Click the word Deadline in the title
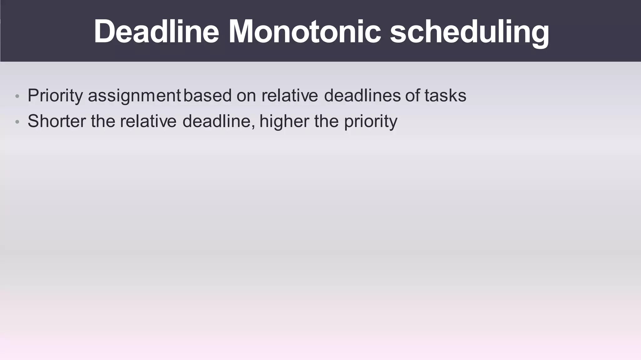[156, 32]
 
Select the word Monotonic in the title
[305, 32]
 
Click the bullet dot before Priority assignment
[18, 96]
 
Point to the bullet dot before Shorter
[18, 122]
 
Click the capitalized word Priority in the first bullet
[55, 95]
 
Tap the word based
[208, 95]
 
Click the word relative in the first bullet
[290, 95]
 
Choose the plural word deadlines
[362, 95]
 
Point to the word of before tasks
[413, 95]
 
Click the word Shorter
[57, 121]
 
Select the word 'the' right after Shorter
[103, 121]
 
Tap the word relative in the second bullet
[148, 121]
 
